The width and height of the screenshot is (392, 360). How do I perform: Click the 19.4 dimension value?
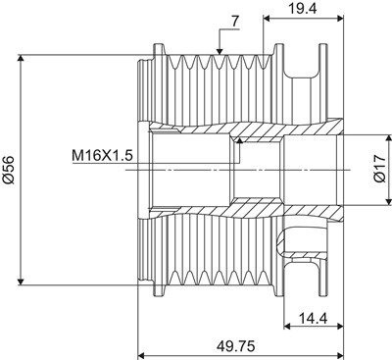click(x=302, y=8)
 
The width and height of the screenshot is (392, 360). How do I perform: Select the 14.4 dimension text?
click(x=314, y=317)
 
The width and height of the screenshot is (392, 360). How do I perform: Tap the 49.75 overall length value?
click(x=236, y=345)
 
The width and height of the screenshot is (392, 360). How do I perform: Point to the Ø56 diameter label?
click(x=9, y=169)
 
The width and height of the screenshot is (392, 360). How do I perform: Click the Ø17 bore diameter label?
click(x=379, y=169)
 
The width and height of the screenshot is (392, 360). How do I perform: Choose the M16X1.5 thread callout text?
click(x=102, y=156)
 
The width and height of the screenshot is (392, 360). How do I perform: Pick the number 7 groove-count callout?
click(x=235, y=21)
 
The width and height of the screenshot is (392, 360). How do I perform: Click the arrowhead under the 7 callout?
click(x=220, y=51)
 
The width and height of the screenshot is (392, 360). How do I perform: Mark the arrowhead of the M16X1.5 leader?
click(x=240, y=140)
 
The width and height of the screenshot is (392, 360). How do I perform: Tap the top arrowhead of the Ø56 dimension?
click(x=21, y=58)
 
